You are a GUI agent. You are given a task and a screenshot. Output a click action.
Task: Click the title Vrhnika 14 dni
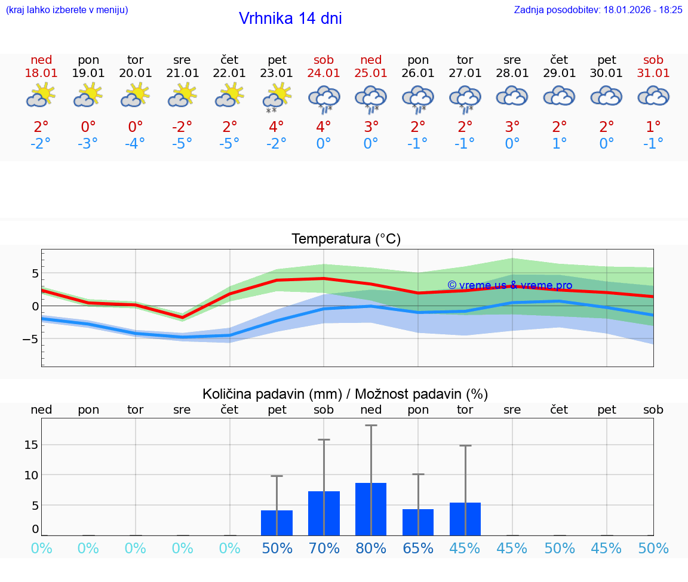click(290, 19)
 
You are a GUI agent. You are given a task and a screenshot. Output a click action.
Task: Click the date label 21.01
click(182, 73)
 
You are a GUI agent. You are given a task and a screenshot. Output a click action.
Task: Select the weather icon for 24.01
click(324, 98)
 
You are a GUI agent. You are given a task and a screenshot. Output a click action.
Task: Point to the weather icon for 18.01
click(41, 96)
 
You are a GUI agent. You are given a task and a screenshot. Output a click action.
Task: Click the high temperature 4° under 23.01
click(277, 127)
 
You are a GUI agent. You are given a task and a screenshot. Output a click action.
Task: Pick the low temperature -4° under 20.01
click(135, 144)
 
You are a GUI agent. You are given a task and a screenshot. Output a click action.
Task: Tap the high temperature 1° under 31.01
click(653, 127)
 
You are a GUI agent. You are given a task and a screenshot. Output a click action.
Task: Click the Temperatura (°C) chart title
click(346, 239)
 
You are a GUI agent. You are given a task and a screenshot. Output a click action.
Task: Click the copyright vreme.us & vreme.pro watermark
click(509, 285)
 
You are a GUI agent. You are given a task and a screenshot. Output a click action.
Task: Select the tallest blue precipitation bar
click(371, 509)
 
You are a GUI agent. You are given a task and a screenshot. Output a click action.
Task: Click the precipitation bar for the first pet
click(277, 522)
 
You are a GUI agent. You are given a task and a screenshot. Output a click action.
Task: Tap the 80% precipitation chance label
click(371, 548)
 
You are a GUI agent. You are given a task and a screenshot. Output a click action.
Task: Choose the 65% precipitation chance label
click(418, 548)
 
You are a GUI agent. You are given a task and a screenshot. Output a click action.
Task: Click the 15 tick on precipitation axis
click(31, 445)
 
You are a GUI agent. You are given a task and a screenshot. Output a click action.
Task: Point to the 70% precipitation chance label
click(324, 548)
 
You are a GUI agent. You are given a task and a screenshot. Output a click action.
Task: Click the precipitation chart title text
click(345, 394)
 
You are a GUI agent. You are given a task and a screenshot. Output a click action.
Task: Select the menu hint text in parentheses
click(67, 10)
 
